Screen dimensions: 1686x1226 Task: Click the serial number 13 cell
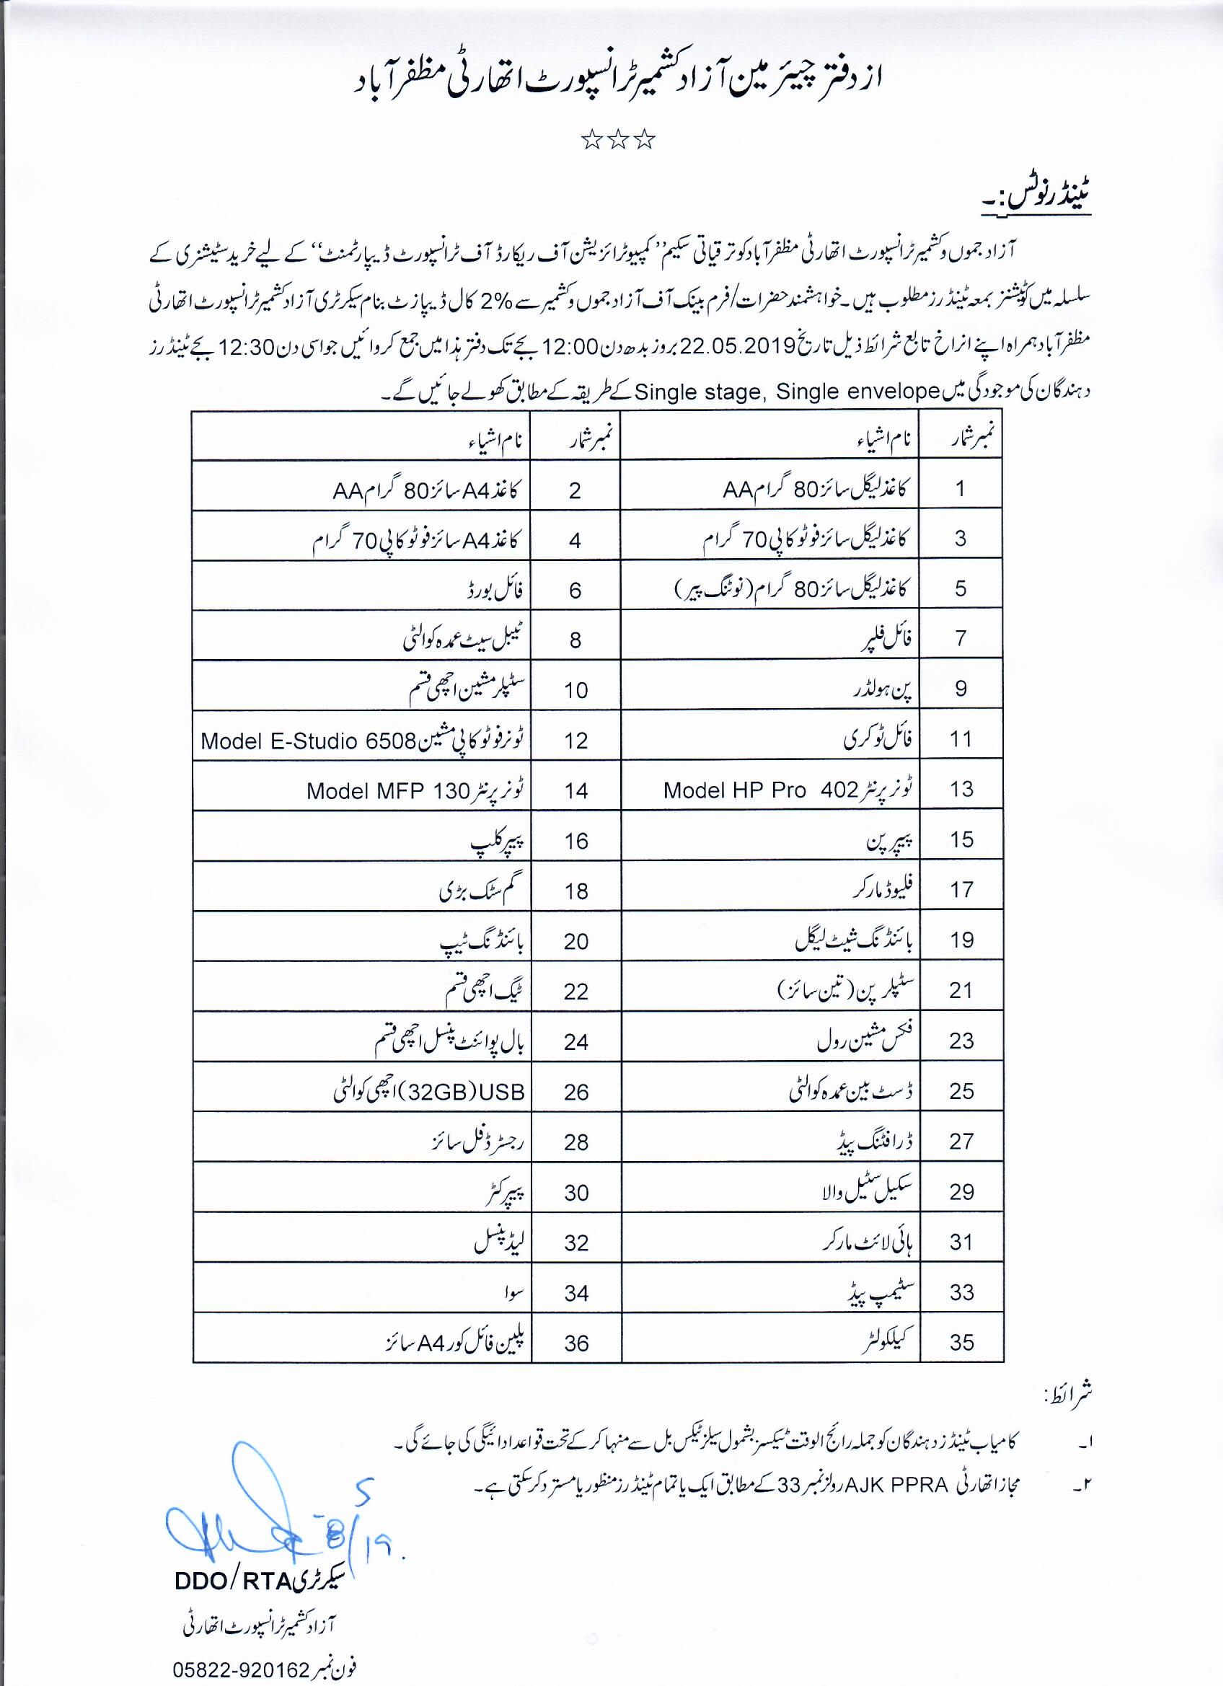pyautogui.click(x=961, y=790)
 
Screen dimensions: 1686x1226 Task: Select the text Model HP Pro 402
pyautogui.click(x=761, y=790)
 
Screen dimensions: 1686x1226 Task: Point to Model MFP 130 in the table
pyautogui.click(x=387, y=791)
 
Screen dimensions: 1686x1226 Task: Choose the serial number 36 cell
pyautogui.click(x=576, y=1343)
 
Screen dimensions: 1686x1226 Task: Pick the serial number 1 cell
pyautogui.click(x=961, y=488)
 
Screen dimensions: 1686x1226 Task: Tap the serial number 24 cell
pyautogui.click(x=576, y=1042)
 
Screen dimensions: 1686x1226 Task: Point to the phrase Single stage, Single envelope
pyautogui.click(x=788, y=392)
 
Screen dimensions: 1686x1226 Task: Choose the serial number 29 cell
pyautogui.click(x=961, y=1191)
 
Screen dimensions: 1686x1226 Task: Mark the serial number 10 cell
pyautogui.click(x=576, y=691)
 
